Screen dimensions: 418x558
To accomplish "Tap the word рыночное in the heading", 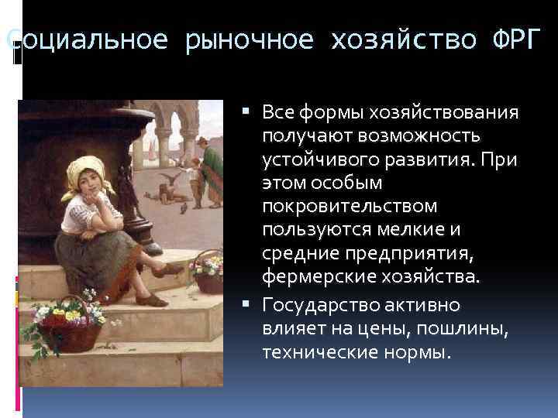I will coord(249,40).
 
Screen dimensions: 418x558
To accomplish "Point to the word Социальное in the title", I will coord(87,40).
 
